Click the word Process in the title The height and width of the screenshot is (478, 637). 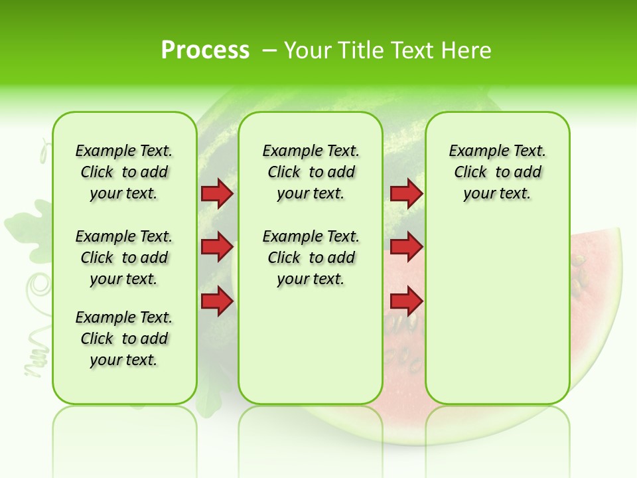pos(205,50)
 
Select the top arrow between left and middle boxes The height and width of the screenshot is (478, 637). pos(217,193)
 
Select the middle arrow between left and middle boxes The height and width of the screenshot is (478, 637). pos(217,247)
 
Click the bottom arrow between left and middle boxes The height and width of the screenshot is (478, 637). pos(217,301)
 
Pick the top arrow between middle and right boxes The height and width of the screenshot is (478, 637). pos(406,193)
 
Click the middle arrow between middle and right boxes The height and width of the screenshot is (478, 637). pos(406,247)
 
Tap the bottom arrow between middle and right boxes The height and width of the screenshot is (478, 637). pos(406,301)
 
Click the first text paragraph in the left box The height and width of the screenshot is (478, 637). pos(124,172)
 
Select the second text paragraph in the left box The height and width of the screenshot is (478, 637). pos(124,258)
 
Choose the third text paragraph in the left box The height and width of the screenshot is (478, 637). pos(124,339)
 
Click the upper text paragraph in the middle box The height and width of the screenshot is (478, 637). pos(311,172)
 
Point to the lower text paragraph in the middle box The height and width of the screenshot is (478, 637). pos(311,258)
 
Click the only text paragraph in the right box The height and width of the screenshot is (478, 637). pos(497,172)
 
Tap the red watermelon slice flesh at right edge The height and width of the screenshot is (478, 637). pos(594,266)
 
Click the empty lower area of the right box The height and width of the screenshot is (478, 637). pos(497,319)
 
